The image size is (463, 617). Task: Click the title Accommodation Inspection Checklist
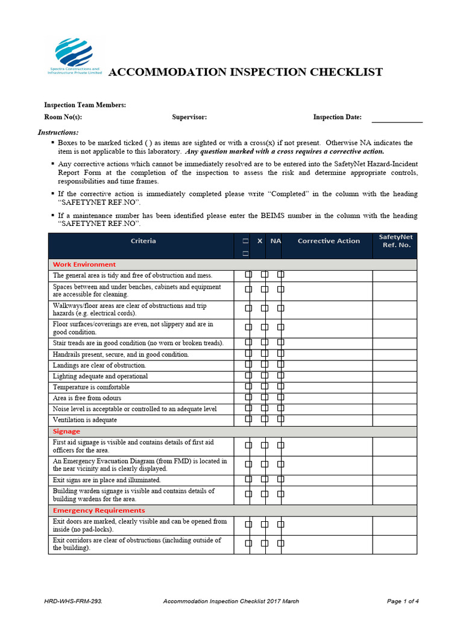click(245, 72)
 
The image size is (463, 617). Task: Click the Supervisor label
click(189, 117)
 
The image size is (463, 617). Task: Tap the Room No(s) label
click(63, 117)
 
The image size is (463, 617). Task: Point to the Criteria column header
click(143, 241)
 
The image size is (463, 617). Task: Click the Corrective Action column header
click(329, 241)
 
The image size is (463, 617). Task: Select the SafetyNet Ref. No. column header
click(395, 241)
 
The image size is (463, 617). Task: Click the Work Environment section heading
click(84, 265)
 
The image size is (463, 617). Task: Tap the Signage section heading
click(66, 431)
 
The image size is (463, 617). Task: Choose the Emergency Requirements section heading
click(99, 510)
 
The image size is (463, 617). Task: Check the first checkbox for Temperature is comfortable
click(248, 387)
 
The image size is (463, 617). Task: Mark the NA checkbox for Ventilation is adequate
click(280, 419)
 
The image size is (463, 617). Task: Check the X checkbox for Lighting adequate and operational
click(265, 376)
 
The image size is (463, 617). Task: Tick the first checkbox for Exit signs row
click(248, 480)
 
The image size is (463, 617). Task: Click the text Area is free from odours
click(87, 398)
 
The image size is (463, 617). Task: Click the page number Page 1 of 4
click(402, 601)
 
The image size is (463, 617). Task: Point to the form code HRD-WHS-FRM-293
click(69, 601)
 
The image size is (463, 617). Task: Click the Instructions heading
click(58, 132)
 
